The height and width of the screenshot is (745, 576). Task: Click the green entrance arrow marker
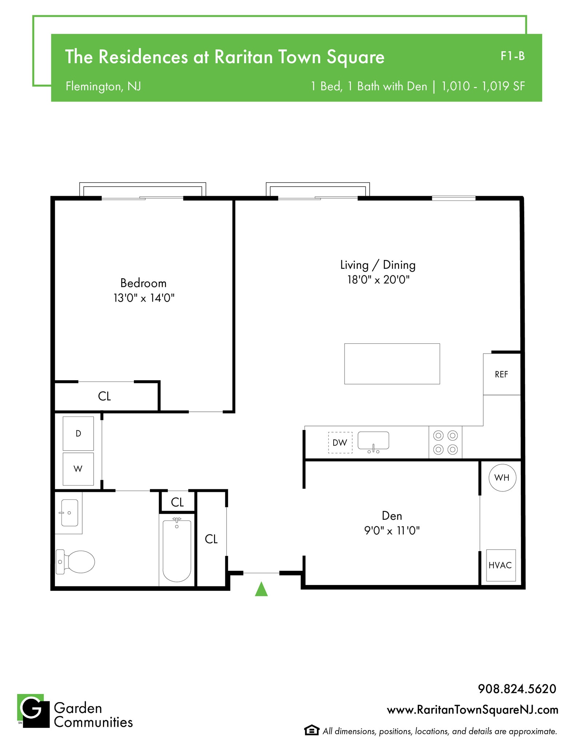coord(261,590)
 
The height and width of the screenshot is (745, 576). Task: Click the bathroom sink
coord(69,513)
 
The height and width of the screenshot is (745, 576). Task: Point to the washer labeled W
coord(78,469)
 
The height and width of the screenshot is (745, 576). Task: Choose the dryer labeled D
coord(78,433)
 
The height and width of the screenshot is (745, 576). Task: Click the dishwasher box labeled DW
coord(340,442)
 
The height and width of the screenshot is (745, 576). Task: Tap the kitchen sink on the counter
coord(373,441)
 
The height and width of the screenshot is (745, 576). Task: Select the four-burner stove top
coord(445,442)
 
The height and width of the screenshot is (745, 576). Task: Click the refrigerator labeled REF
coord(501,374)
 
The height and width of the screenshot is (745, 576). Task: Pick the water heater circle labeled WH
coord(502,478)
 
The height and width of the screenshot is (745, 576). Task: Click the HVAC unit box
coord(501,565)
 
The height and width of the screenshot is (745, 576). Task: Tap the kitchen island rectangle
coord(392,364)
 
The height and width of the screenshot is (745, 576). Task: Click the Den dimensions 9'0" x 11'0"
coord(392,531)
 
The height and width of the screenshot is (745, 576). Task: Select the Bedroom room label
coord(143,283)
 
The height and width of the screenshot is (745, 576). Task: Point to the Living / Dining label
coord(378,265)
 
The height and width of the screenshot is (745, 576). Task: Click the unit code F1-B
coord(512,56)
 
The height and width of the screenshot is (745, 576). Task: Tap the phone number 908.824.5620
coord(517,689)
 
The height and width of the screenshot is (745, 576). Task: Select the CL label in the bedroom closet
coord(104,396)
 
